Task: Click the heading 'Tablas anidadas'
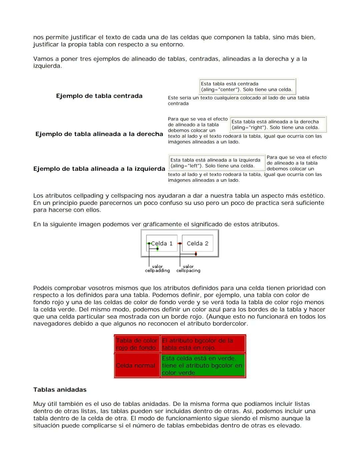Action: [60, 390]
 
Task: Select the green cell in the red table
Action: [202, 366]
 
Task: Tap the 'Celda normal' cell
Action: [136, 366]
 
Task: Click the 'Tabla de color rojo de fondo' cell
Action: [136, 344]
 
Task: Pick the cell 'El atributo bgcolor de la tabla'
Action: [202, 344]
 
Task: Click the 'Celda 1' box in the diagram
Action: [162, 244]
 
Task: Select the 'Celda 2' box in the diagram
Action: [197, 244]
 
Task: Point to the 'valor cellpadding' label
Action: [157, 269]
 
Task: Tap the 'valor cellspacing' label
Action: [188, 269]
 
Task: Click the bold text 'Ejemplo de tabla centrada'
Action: [99, 96]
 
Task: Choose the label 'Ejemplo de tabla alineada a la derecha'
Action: [99, 134]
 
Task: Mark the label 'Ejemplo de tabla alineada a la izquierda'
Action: [99, 169]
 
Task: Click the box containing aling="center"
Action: [247, 87]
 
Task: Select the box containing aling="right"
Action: [278, 124]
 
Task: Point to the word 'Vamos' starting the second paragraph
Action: [43, 59]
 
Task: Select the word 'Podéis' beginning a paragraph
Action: [43, 288]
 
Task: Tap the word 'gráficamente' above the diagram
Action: [163, 224]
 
